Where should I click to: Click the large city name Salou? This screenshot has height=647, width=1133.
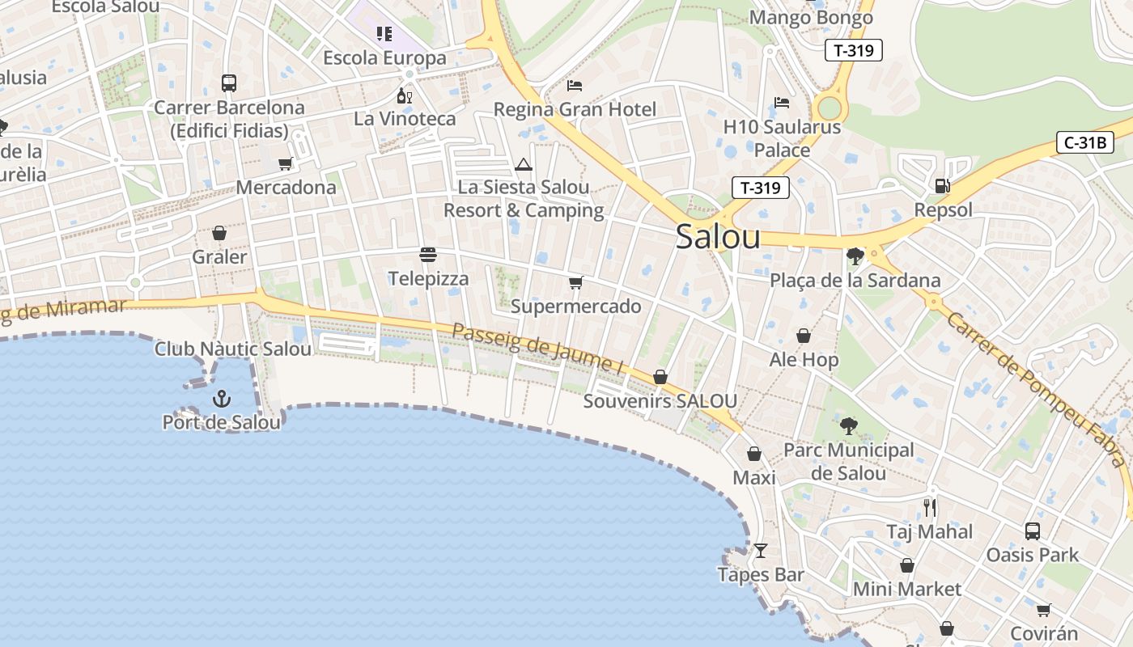point(718,237)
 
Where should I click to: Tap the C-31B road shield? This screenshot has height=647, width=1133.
point(1085,143)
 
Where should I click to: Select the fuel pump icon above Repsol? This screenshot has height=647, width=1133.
point(942,186)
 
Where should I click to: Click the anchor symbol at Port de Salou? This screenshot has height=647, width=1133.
point(221,398)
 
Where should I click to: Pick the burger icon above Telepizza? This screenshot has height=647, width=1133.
point(428,255)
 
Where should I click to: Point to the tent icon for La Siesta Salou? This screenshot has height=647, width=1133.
point(524,165)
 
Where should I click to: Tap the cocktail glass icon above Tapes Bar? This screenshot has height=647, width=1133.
point(760,551)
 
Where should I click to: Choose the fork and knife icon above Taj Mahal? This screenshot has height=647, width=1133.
point(930,508)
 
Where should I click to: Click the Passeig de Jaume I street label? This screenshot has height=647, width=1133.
point(538,349)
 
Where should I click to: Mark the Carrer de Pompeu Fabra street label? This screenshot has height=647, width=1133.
point(1037,389)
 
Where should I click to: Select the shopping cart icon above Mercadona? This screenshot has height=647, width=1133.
point(285,164)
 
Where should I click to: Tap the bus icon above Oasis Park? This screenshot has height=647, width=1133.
point(1032,531)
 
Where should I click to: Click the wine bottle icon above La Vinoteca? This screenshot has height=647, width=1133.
point(405,95)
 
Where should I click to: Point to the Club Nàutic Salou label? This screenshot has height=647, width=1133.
point(233,349)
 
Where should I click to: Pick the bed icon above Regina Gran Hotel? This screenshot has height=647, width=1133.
point(575,85)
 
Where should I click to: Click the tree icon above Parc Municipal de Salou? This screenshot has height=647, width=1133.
point(848,425)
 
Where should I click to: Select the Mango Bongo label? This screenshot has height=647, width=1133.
point(811,18)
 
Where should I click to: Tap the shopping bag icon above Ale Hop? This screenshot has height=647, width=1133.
point(803,336)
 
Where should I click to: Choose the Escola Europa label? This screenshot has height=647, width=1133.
point(384,58)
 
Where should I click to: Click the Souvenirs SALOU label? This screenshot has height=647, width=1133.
point(660,401)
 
